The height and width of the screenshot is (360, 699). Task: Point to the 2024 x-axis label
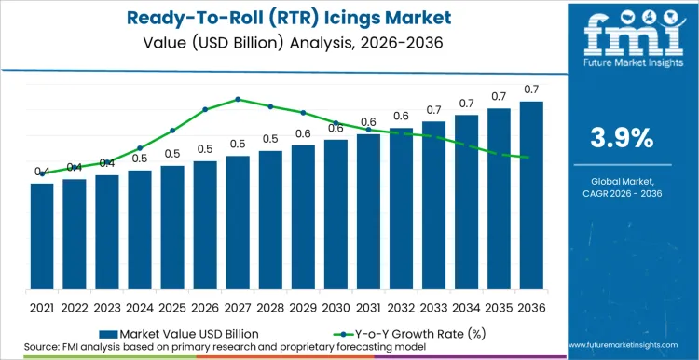pyautogui.click(x=140, y=306)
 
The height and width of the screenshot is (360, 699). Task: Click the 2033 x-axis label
pyautogui.click(x=433, y=306)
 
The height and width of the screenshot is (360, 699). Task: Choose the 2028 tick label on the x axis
pyautogui.click(x=270, y=306)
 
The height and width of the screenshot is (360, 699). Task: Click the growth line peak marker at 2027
pyautogui.click(x=238, y=99)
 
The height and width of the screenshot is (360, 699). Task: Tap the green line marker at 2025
pyautogui.click(x=172, y=130)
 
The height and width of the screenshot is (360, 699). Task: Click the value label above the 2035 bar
pyautogui.click(x=499, y=97)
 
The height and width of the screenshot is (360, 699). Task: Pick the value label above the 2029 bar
pyautogui.click(x=303, y=133)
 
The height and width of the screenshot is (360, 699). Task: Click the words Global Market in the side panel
pyautogui.click(x=623, y=180)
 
